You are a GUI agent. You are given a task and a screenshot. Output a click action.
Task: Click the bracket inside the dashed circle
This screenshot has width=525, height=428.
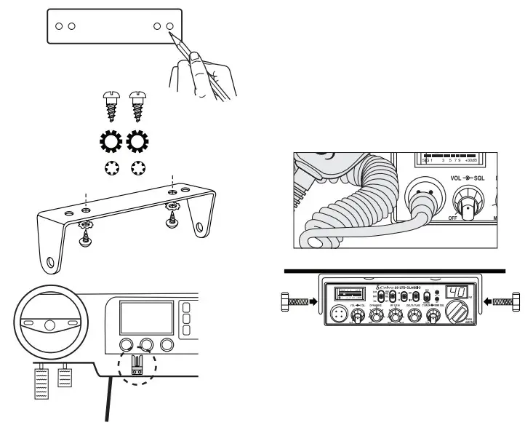click(136, 364)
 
